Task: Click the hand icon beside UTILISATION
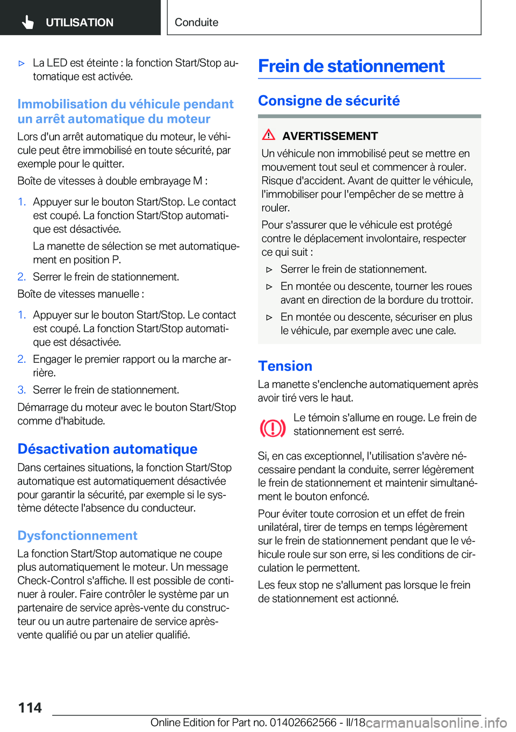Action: click(28, 22)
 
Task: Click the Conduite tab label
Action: click(196, 23)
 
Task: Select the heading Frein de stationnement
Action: click(351, 66)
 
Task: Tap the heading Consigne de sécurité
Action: click(328, 101)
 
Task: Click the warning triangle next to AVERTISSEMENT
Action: click(269, 135)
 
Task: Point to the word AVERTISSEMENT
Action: click(330, 136)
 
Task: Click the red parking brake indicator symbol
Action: click(273, 428)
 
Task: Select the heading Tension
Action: click(285, 366)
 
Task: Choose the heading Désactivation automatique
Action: click(107, 449)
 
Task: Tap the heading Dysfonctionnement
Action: click(77, 535)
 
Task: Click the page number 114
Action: click(30, 707)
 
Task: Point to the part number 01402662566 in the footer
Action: click(303, 722)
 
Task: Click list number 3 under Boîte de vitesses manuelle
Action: click(21, 390)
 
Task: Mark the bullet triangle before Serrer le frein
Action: click(270, 270)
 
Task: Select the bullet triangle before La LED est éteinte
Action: click(22, 63)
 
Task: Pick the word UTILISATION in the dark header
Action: click(80, 23)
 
